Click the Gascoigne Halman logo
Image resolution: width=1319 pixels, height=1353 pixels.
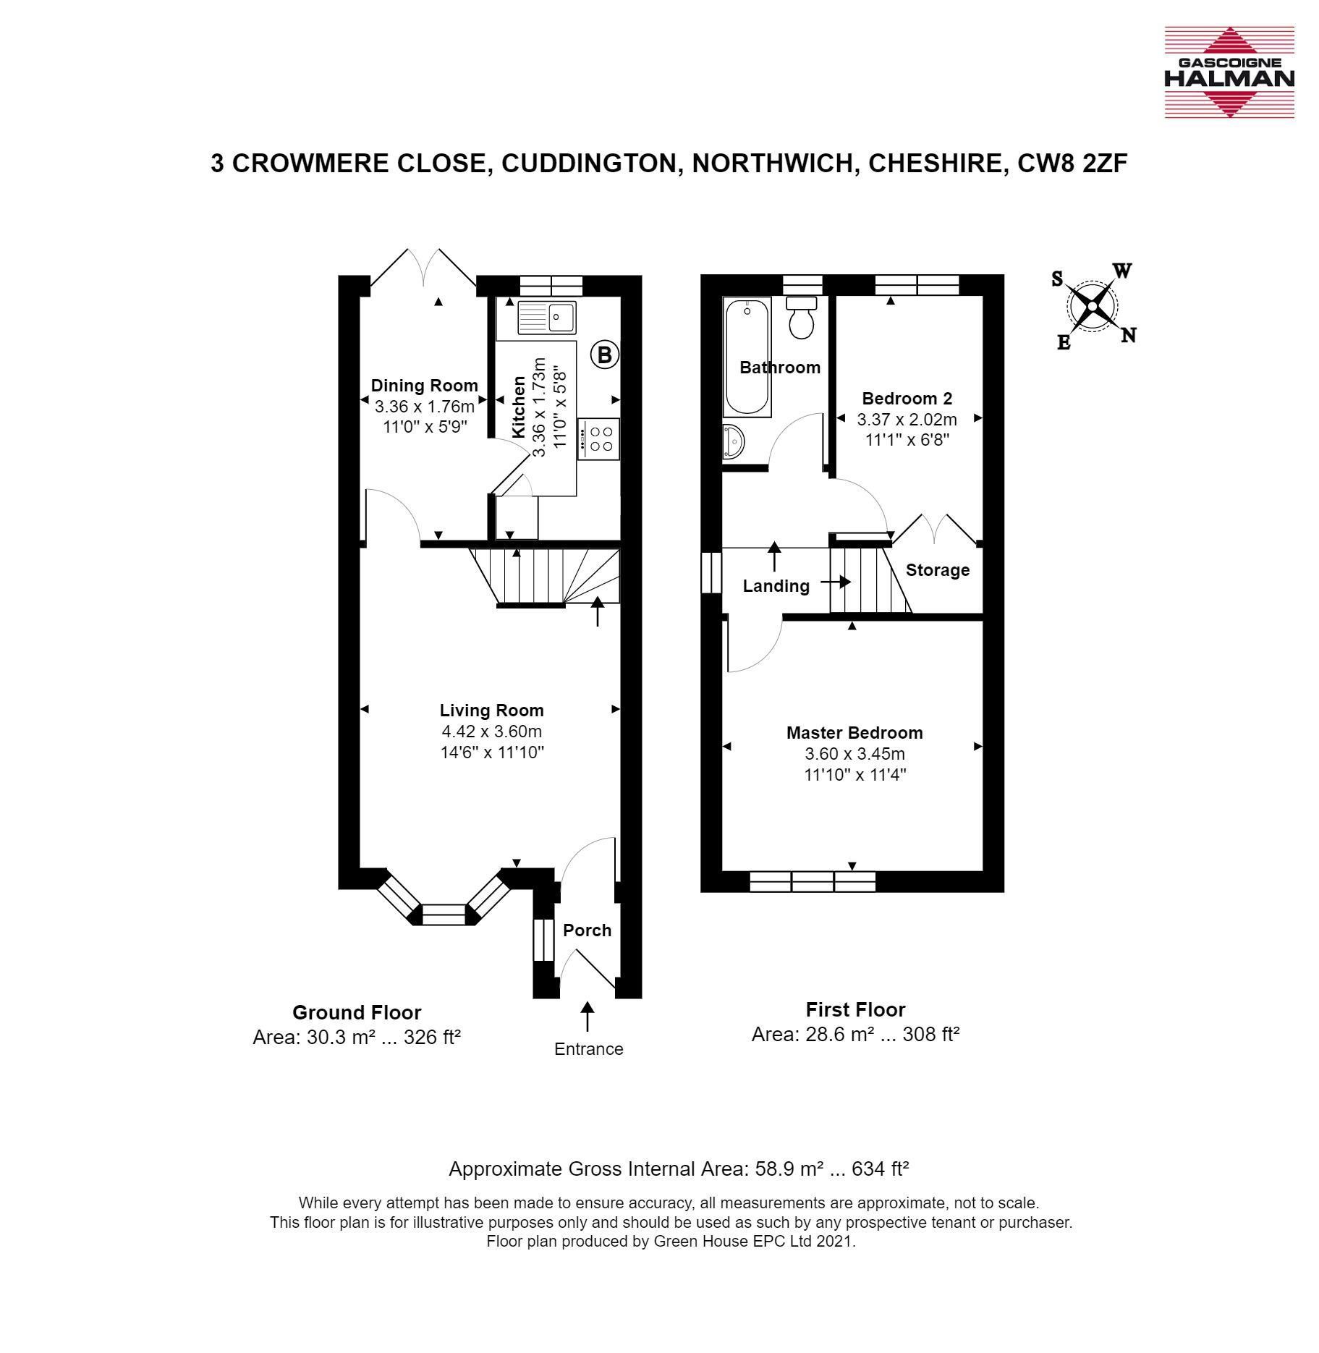pos(1229,72)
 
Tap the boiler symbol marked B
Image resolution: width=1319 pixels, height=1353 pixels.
pos(605,355)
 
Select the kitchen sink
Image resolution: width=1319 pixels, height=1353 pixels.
pos(546,316)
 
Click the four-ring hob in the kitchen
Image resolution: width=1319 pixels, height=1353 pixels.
pos(598,438)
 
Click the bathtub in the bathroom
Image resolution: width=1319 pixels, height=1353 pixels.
pos(747,358)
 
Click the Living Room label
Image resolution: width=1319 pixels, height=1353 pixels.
pos(492,711)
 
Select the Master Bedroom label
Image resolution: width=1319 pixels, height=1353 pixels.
pos(854,733)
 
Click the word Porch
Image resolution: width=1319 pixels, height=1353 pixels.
pos(588,930)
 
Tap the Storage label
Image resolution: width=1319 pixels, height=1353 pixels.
pos(938,570)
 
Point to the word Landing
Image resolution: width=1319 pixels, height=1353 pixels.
pos(776,586)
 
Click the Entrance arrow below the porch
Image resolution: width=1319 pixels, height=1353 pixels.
pos(588,1016)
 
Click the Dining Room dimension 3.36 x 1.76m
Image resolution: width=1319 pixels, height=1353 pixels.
pos(425,406)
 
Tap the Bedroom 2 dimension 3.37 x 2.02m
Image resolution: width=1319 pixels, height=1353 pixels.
pos(907,419)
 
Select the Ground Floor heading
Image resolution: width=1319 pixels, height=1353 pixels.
pos(357,1013)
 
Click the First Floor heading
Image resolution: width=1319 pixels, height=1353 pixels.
pos(856,1010)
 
